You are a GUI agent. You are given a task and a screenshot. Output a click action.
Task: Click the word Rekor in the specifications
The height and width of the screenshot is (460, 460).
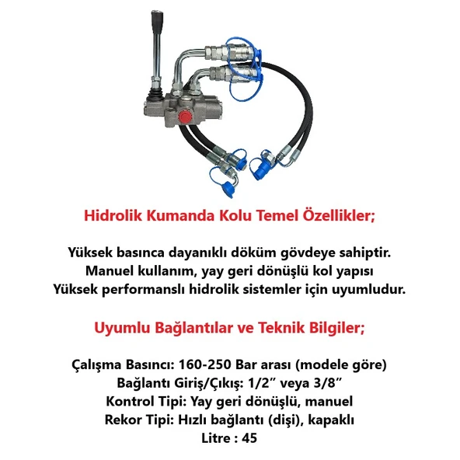[x=123, y=420]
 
